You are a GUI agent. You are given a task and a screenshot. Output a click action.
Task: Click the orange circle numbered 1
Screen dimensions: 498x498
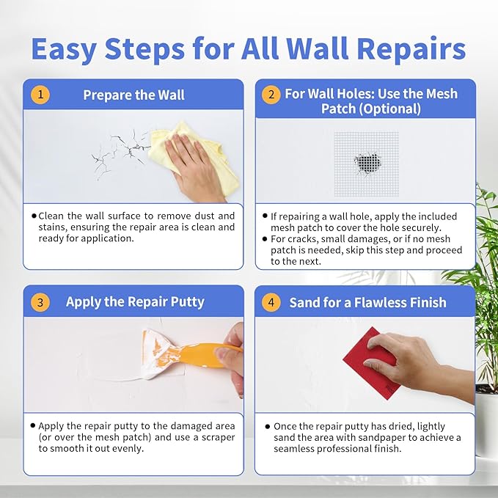[40, 95]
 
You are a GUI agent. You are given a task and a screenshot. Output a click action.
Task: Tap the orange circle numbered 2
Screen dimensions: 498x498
[271, 95]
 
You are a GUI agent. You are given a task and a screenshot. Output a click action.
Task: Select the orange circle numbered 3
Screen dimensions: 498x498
[40, 301]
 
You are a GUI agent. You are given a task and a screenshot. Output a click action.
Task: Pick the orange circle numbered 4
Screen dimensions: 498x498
[271, 301]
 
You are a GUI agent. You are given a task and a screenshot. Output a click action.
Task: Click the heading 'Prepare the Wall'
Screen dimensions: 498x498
[133, 95]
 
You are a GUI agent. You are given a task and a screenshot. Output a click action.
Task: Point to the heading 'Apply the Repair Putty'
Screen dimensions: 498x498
[135, 301]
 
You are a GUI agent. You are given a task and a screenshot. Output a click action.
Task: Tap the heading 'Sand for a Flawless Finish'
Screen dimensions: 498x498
[367, 302]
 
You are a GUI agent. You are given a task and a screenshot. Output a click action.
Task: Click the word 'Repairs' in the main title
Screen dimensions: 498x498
[409, 48]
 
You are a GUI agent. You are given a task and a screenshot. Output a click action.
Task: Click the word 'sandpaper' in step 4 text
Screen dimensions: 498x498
[382, 438]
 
